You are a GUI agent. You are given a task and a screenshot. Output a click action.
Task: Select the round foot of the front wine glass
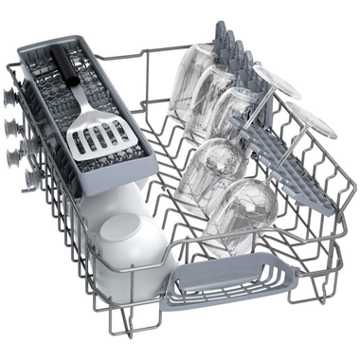[314, 123]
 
